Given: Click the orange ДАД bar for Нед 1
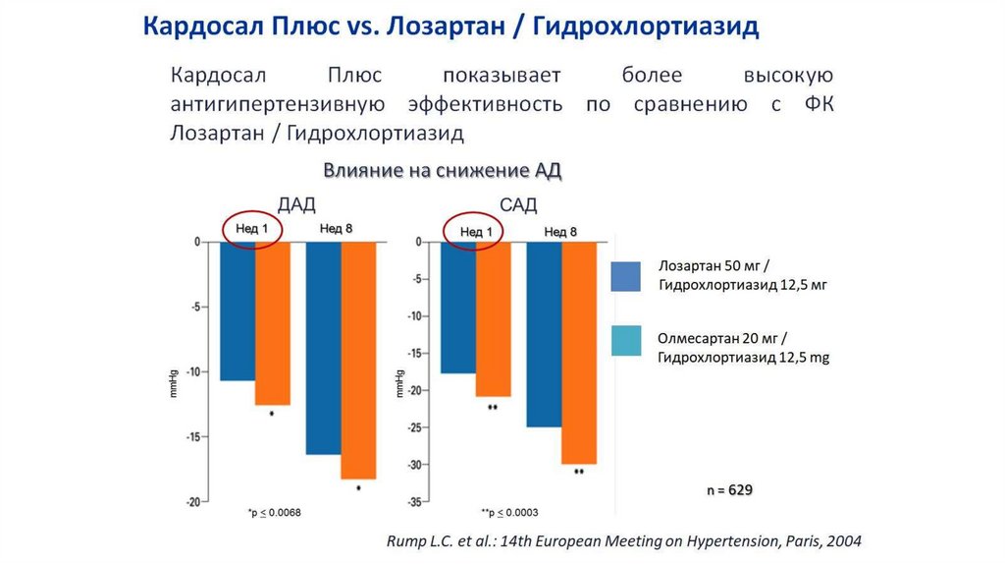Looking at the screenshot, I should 273,323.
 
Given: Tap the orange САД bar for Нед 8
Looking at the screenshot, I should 578,353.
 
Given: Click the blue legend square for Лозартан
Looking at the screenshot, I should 625,277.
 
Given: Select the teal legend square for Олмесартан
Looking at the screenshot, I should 625,340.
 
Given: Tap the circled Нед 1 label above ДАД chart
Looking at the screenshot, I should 252,229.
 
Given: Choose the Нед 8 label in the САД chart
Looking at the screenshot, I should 560,231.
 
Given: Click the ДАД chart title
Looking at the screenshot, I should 296,204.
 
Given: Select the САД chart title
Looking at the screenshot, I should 518,204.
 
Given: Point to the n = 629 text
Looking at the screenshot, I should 730,488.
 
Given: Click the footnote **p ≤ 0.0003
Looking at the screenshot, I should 509,513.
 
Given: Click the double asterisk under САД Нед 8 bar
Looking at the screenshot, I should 578,474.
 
